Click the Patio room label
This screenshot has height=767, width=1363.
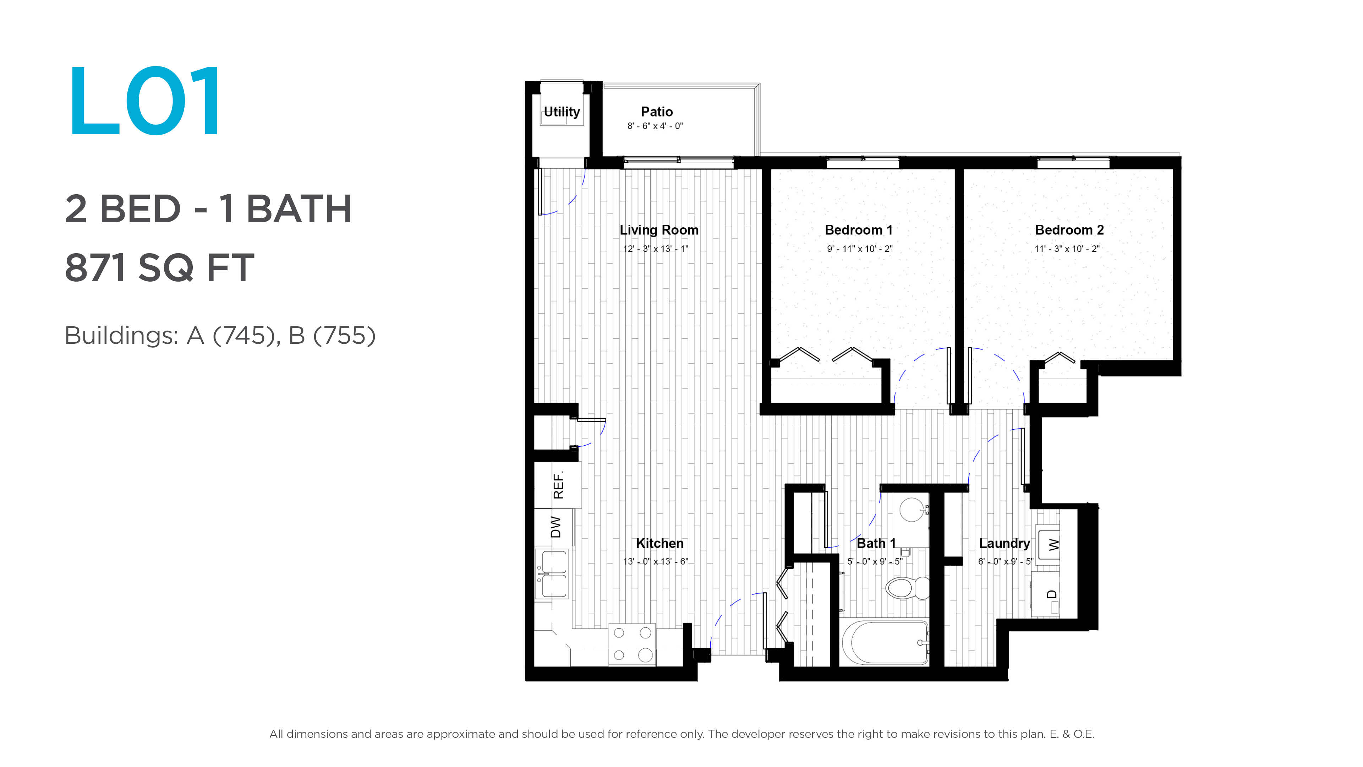pos(657,112)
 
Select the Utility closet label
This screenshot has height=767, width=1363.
pos(562,112)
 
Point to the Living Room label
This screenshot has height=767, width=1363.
pos(659,230)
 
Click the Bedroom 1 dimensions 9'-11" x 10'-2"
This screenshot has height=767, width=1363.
pos(859,249)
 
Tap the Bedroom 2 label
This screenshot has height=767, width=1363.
pos(1069,230)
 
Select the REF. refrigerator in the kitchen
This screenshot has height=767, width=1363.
pos(558,485)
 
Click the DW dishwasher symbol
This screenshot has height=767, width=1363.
pos(554,527)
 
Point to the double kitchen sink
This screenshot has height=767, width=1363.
pos(552,574)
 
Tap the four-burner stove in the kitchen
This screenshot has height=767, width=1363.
pos(632,644)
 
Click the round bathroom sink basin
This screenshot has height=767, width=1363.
pos(912,510)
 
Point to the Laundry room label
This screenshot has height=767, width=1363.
pos(1004,544)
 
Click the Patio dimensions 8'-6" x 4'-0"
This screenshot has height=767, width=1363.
pos(655,126)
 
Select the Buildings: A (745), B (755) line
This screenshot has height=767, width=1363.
pos(220,336)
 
